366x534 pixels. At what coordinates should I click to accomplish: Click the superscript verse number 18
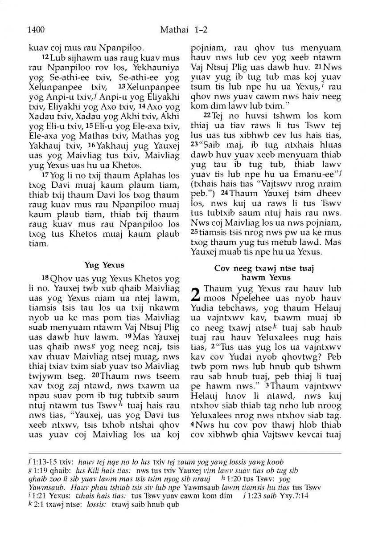pos(45,279)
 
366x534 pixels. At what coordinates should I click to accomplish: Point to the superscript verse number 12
pos(45,58)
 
